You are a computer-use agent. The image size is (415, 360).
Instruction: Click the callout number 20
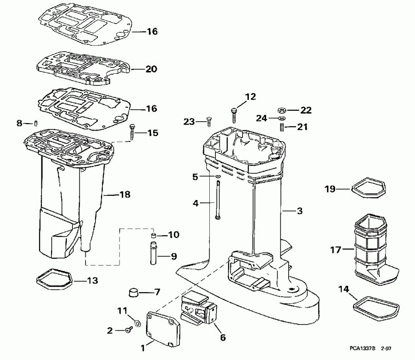(151, 70)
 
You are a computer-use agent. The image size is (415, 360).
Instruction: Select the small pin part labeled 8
(36, 123)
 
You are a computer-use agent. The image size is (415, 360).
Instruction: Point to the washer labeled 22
(281, 110)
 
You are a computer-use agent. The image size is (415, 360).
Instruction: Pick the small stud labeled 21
(281, 126)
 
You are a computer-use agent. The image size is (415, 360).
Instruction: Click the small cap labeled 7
(134, 292)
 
